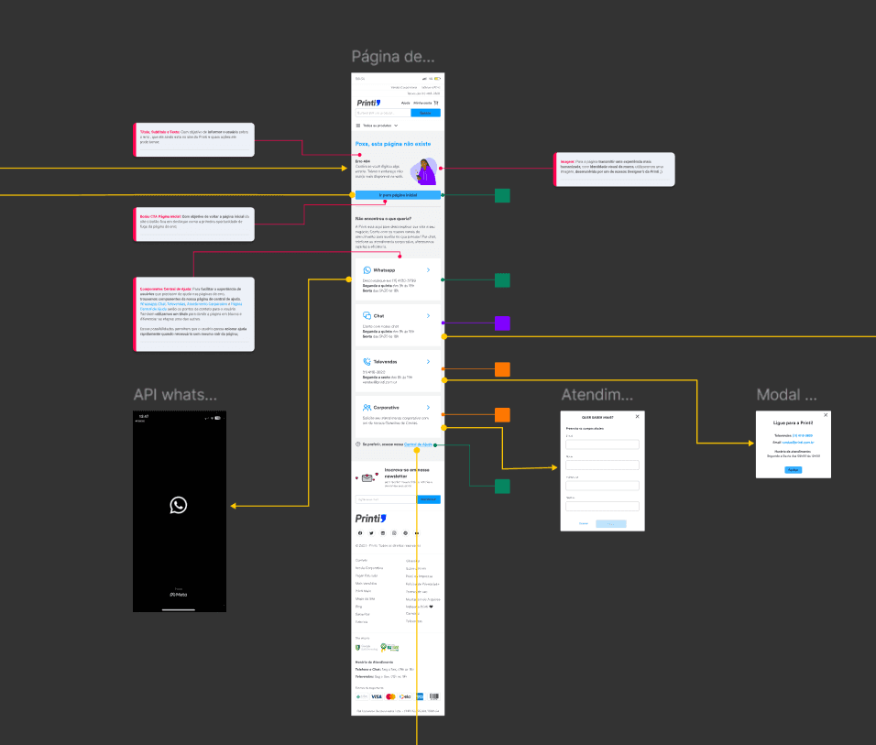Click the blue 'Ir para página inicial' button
tap(398, 195)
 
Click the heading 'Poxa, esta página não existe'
tap(392, 144)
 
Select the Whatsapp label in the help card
tap(384, 270)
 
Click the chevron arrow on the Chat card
tap(428, 315)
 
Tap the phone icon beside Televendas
tap(367, 362)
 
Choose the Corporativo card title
tap(387, 407)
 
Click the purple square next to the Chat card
tap(502, 323)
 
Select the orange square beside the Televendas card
tap(502, 369)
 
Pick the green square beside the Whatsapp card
tap(502, 280)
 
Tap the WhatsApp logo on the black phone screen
tap(179, 504)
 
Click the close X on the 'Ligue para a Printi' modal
tap(826, 415)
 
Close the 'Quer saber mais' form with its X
tap(638, 416)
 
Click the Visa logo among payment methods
tap(377, 696)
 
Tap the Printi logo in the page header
tap(368, 104)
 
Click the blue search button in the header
tap(424, 113)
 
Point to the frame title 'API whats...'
tap(176, 394)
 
